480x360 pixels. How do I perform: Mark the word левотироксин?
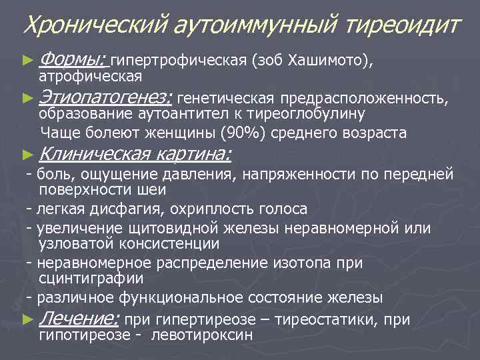click(x=203, y=335)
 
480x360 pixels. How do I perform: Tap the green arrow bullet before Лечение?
click(x=27, y=320)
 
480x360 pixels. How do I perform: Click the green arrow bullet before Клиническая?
click(x=27, y=155)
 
